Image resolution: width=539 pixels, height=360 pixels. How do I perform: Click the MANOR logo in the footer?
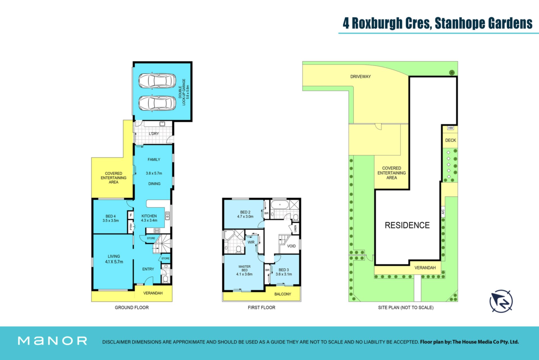point(52,341)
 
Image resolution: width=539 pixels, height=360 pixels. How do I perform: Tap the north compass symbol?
point(501,301)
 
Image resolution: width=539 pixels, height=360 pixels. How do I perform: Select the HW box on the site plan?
point(451,128)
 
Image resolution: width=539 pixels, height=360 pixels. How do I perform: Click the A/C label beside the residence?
point(443,212)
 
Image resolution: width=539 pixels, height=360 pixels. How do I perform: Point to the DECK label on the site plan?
point(451,140)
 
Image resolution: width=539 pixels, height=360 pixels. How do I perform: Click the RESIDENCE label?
point(407,225)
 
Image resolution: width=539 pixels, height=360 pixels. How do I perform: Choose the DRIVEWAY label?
point(360,77)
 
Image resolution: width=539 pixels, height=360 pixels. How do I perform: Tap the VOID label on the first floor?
point(291,246)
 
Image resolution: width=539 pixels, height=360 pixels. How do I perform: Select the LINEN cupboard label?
point(295,229)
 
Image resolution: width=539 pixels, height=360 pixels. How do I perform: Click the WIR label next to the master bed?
point(251,242)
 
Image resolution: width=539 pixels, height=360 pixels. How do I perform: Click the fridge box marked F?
point(131,215)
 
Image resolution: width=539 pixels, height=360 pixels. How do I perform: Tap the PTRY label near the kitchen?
point(131,226)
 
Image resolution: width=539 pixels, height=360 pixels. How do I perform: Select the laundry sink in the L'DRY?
point(162,124)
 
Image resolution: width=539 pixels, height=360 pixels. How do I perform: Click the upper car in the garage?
point(157,81)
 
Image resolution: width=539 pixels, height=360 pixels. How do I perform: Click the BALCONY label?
point(283,294)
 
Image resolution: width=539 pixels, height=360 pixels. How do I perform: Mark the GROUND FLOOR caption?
point(132,308)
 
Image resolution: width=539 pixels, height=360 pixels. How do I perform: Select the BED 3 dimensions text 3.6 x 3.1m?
point(284,274)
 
